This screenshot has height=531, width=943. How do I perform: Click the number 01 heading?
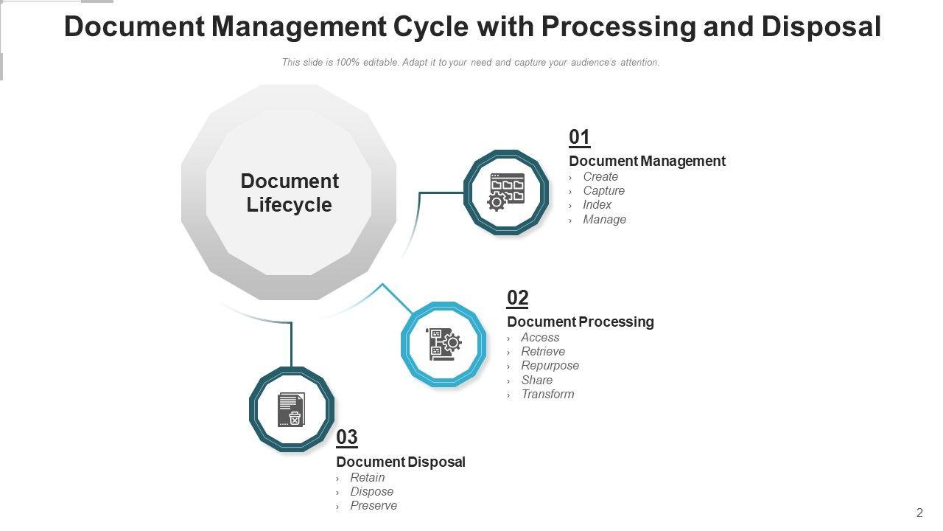(580, 138)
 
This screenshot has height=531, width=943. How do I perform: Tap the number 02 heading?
(518, 299)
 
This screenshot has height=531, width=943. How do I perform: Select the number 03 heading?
(347, 437)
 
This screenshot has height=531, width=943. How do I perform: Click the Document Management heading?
(647, 161)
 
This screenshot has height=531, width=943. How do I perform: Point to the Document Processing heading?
(581, 322)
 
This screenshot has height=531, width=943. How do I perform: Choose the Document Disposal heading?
(401, 462)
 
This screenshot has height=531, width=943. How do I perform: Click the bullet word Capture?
(603, 190)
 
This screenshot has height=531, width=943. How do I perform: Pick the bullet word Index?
(597, 204)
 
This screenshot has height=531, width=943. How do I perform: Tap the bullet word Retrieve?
(543, 351)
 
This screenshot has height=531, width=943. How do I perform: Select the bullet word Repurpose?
(550, 365)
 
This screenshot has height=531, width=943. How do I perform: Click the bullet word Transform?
(547, 394)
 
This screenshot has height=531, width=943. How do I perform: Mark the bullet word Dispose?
(371, 491)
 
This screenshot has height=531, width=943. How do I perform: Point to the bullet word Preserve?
(374, 505)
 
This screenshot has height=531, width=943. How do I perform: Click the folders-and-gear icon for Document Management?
(506, 192)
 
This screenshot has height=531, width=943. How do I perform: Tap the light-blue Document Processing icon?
(444, 344)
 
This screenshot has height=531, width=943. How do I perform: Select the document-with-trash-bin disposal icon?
(292, 409)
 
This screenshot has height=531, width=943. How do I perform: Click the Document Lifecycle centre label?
(290, 192)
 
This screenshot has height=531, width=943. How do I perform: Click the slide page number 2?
(919, 513)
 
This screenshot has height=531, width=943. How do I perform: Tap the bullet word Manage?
(604, 219)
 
